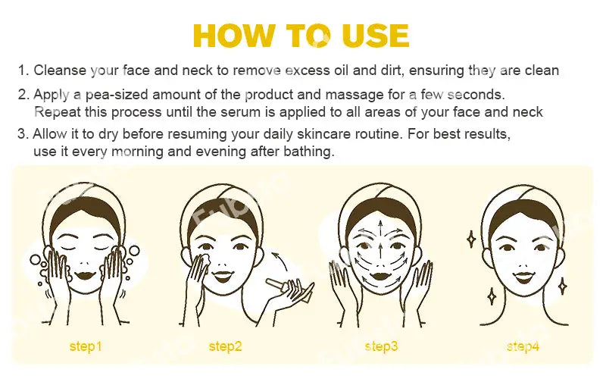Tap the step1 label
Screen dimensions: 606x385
pyautogui.click(x=86, y=346)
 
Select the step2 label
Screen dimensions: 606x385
pyautogui.click(x=225, y=346)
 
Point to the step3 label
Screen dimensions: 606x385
pyautogui.click(x=381, y=346)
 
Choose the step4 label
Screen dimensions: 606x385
pyautogui.click(x=523, y=346)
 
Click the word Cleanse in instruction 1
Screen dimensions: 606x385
pyautogui.click(x=60, y=70)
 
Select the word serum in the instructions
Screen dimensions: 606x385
pyautogui.click(x=242, y=112)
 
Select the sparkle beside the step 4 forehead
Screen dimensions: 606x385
pyautogui.click(x=471, y=239)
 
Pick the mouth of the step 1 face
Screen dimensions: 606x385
pyautogui.click(x=85, y=276)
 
